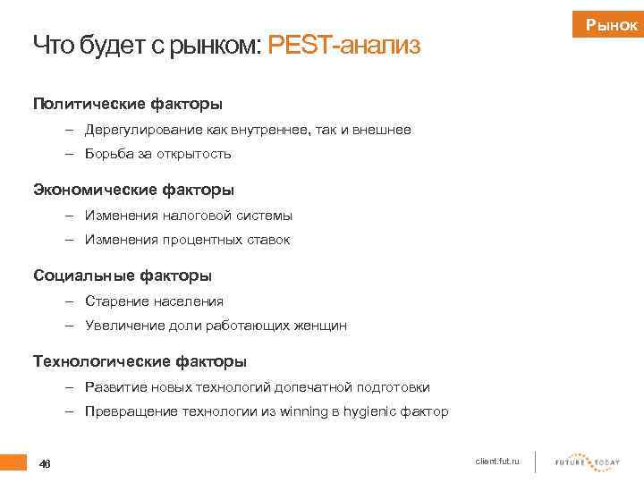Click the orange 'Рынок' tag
click(612, 27)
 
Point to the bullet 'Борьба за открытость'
click(158, 154)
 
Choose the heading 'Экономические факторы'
click(133, 190)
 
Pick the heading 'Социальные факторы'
click(123, 275)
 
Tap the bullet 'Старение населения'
click(155, 301)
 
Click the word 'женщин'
click(319, 326)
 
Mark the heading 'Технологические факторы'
click(140, 361)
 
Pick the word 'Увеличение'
click(123, 326)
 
